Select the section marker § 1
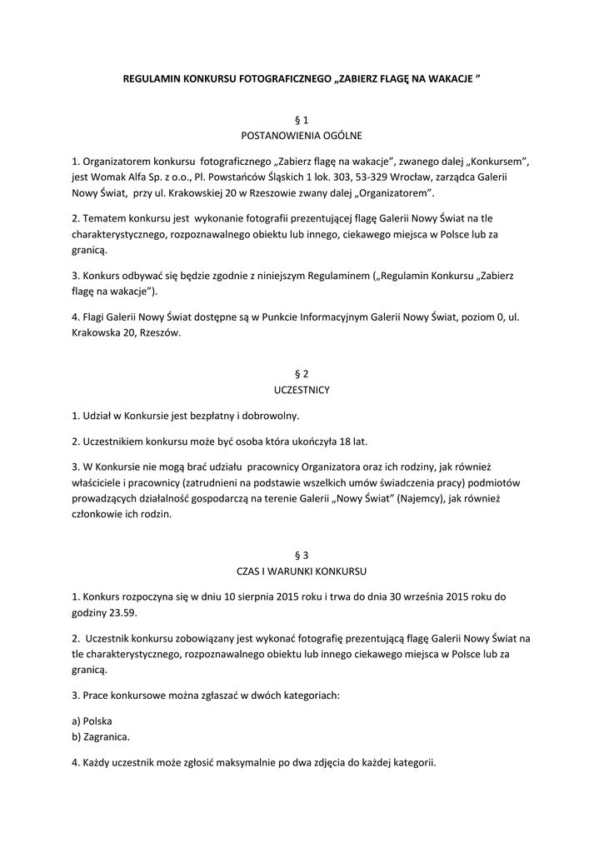(302, 121)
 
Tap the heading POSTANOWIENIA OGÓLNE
(302, 135)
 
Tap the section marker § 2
(302, 375)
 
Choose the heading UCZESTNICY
(302, 389)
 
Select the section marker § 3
(302, 556)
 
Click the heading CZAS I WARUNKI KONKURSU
(302, 571)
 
